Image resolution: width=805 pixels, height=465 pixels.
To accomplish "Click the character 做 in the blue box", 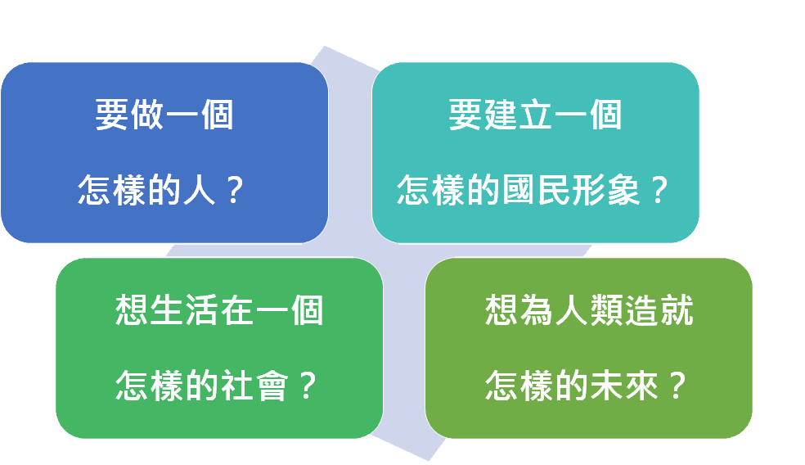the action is tap(147, 115).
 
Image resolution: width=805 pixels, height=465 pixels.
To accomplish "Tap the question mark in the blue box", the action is tap(234, 190).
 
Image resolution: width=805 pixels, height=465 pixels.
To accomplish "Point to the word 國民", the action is tap(536, 190).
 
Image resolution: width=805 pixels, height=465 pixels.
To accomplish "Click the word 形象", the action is tap(605, 190).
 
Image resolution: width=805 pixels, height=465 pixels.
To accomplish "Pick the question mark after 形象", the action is tap(659, 190).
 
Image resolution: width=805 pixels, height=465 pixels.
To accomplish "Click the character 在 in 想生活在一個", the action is tap(236, 309).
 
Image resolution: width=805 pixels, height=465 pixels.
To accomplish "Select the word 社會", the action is tap(254, 386).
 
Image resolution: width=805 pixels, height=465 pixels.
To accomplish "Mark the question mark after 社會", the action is tap(308, 386).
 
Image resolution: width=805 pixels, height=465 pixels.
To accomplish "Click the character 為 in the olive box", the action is tap(537, 309).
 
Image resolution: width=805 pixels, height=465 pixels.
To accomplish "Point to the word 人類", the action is tap(589, 309).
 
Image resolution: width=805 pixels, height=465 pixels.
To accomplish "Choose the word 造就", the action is tap(659, 309).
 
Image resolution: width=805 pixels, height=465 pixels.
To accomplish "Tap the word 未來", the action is tap(624, 386).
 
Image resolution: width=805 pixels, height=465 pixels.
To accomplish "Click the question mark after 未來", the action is tap(677, 386).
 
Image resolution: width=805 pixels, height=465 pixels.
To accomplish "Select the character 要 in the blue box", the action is tap(112, 115).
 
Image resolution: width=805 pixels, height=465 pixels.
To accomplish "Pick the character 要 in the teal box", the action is tap(465, 115).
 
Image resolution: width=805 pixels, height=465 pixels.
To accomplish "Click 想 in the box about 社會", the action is tap(132, 309).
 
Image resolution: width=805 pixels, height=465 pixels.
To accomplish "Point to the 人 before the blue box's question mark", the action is tap(199, 190).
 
